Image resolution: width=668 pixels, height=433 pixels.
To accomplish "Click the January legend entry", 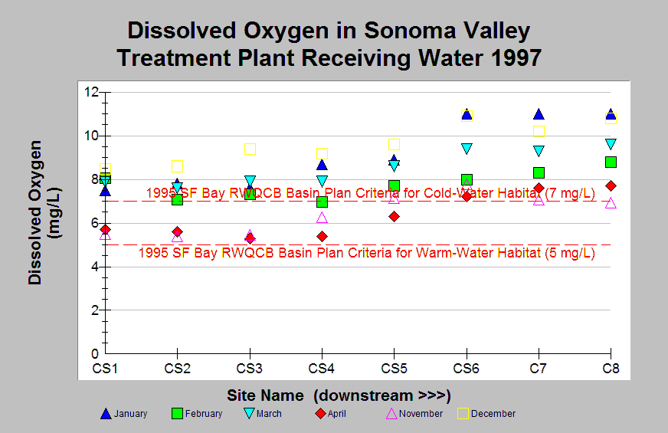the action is [x=124, y=414].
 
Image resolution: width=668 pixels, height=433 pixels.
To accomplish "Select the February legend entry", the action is [x=197, y=414].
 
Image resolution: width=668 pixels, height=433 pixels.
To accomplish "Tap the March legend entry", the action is [x=263, y=414].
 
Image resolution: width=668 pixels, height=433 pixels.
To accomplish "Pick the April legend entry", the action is [x=331, y=414].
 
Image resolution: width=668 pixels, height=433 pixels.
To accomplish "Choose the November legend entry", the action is [x=414, y=414].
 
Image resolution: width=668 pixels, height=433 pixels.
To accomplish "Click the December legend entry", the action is [x=486, y=414].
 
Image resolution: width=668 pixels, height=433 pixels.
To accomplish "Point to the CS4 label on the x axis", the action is [x=321, y=368].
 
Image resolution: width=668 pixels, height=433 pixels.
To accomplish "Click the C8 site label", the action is [x=611, y=368].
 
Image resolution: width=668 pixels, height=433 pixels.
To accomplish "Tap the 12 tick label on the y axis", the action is [x=91, y=92].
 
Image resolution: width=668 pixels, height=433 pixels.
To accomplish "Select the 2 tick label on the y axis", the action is [x=94, y=310].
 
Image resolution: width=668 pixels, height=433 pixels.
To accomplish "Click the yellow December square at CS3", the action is [x=250, y=149].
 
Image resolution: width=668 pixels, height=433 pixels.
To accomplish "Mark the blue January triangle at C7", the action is [x=539, y=114].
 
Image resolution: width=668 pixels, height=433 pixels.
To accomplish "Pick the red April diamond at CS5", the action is [x=394, y=216].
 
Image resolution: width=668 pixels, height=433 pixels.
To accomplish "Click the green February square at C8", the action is [x=611, y=162].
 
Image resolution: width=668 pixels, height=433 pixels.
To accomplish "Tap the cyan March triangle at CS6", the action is [x=467, y=149].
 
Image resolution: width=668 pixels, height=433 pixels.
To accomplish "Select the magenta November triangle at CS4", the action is [x=322, y=218].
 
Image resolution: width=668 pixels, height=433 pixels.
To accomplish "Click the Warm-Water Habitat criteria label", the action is [x=367, y=253].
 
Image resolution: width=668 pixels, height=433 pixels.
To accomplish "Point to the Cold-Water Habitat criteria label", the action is [x=371, y=193].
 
